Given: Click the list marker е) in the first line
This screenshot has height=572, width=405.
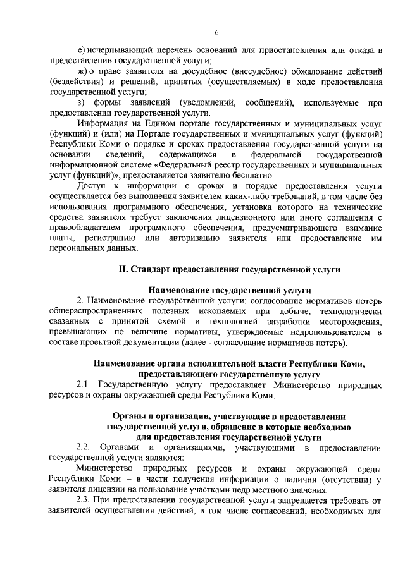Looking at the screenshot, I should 80,50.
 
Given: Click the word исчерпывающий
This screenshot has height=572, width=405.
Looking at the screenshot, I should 115,50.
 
